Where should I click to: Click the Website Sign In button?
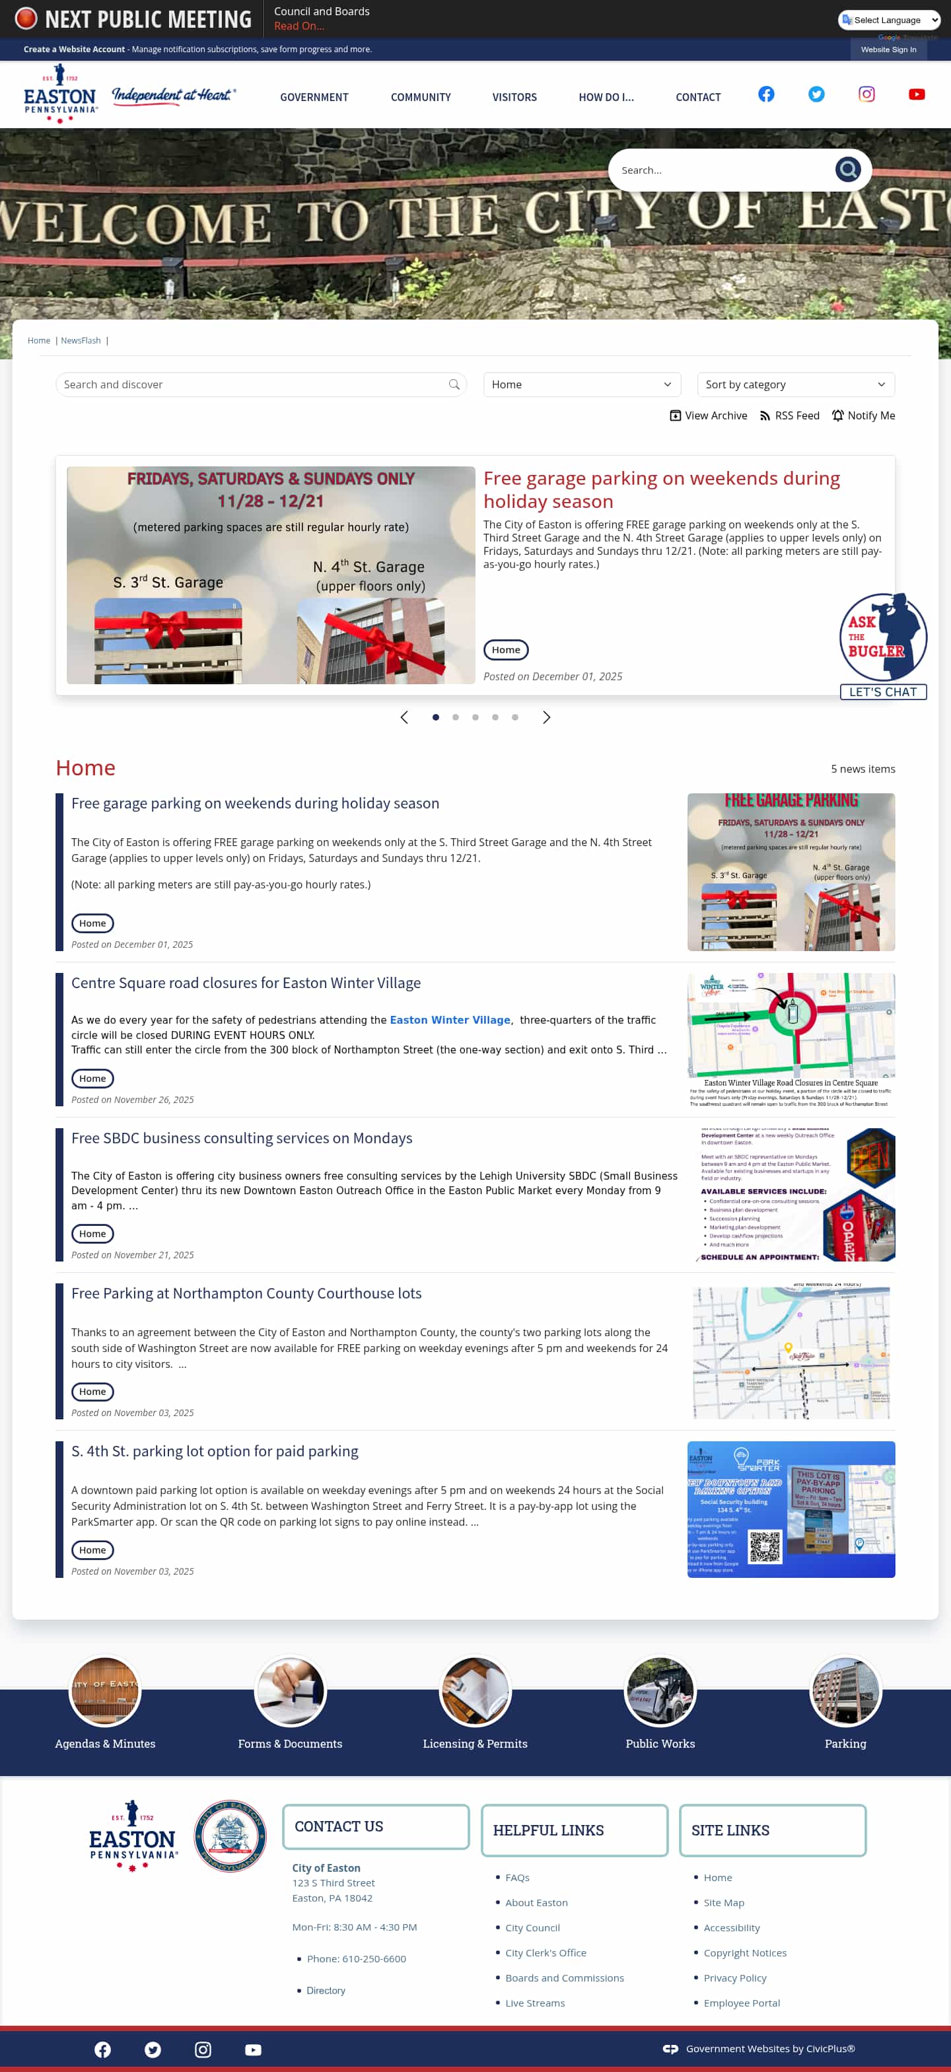888,50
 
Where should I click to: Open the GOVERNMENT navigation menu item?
314,97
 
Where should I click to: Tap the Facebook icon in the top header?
766,94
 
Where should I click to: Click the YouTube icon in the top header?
917,94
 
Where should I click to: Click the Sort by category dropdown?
795,384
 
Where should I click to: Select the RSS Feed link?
789,416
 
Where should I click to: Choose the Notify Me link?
863,416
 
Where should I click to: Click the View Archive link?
708,416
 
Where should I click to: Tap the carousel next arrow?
546,717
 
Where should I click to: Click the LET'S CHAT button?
882,692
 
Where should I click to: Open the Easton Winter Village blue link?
450,1020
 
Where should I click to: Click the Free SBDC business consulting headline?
241,1138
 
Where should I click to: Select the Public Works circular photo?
660,1692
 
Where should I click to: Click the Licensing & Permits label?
475,1744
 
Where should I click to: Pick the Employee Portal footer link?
741,2003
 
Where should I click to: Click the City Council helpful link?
532,1927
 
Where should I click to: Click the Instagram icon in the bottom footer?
203,2050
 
